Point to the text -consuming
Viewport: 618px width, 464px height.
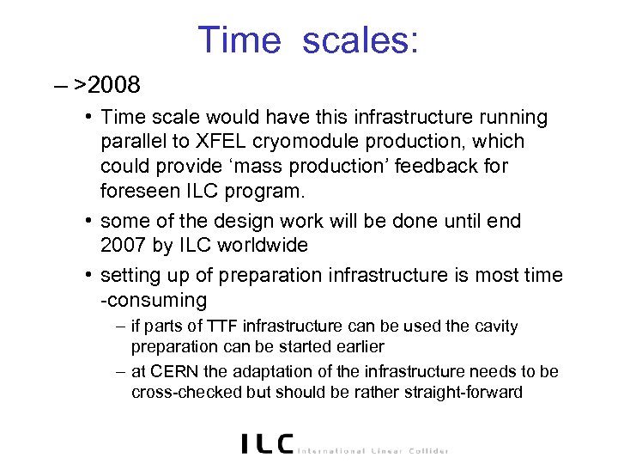pos(154,300)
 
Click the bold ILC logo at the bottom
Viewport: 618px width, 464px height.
pos(266,443)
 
